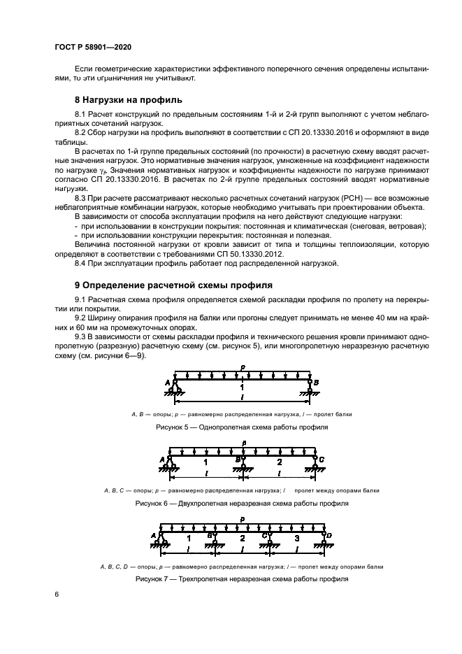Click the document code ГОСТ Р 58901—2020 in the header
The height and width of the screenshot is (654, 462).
click(x=93, y=46)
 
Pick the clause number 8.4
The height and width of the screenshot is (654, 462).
click(x=81, y=263)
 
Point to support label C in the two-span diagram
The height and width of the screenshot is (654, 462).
click(x=322, y=459)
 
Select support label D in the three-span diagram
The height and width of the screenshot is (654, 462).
click(x=329, y=536)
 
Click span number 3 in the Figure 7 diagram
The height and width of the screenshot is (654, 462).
click(x=296, y=539)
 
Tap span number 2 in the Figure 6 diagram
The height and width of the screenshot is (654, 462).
click(x=279, y=462)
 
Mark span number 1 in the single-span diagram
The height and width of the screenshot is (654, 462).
click(x=242, y=386)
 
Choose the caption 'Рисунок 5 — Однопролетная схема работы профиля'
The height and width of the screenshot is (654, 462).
click(x=242, y=427)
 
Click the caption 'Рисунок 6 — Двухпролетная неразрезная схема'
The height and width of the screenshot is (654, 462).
click(x=242, y=503)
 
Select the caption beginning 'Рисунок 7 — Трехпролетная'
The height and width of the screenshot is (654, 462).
click(x=242, y=579)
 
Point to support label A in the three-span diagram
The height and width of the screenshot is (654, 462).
click(x=153, y=536)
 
